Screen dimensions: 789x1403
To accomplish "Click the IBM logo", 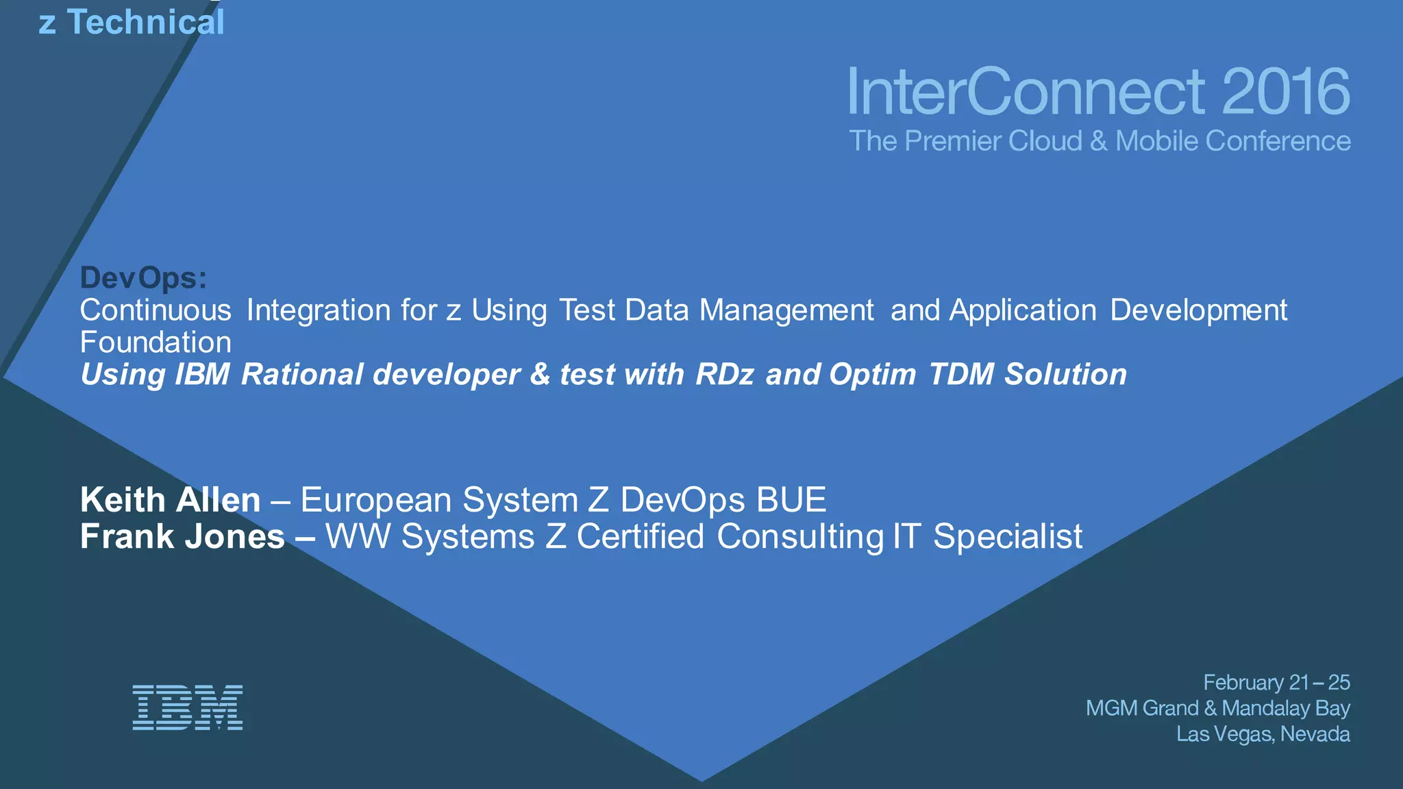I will (x=187, y=707).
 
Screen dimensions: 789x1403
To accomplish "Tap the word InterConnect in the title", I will (x=1026, y=92).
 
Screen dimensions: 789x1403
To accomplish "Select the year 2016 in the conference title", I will (x=1285, y=92).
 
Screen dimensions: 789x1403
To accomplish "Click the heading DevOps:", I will (x=143, y=278).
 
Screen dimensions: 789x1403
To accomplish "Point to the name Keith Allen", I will (x=170, y=500).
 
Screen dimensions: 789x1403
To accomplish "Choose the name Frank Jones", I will (x=182, y=536).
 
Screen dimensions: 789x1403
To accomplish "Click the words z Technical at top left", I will (x=132, y=22).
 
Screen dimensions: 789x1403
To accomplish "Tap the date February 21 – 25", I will (x=1276, y=682).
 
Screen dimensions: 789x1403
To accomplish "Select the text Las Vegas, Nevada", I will (x=1263, y=734).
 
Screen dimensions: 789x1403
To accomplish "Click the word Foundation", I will (x=156, y=342).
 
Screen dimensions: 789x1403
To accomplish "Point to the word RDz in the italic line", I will (x=725, y=375).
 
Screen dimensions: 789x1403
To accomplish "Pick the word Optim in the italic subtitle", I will (x=872, y=375).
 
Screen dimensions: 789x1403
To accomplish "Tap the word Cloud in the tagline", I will (x=1045, y=141).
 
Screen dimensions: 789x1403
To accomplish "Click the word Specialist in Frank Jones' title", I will (x=1008, y=536).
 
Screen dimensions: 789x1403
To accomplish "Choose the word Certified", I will (x=640, y=536).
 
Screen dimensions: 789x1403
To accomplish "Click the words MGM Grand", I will (x=1141, y=707).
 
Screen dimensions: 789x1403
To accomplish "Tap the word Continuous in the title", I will (x=156, y=310).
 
